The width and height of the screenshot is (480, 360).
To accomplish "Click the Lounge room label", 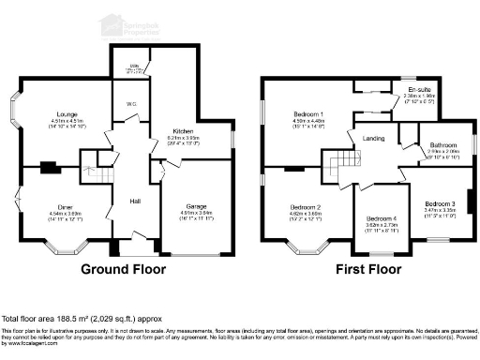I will click(65, 113).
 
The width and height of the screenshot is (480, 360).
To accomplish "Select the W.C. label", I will click(131, 104).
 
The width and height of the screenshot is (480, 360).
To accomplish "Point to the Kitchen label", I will click(182, 130).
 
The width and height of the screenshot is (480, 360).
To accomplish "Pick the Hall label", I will click(135, 202).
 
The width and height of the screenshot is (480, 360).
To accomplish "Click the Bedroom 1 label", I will click(307, 113).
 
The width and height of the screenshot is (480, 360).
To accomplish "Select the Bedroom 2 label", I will click(306, 206).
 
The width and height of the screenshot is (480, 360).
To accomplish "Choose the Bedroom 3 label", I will click(439, 203).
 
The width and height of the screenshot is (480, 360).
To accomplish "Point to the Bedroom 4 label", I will click(381, 218).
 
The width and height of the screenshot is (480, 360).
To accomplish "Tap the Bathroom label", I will click(443, 145).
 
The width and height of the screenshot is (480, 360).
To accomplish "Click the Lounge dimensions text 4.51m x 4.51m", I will click(65, 120).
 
